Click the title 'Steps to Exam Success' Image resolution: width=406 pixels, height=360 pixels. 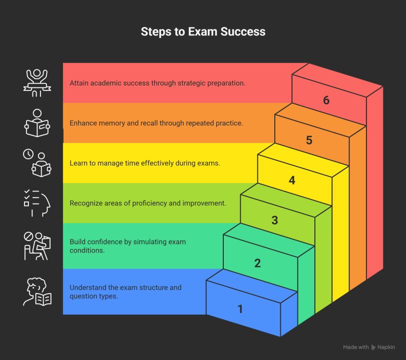click(x=203, y=32)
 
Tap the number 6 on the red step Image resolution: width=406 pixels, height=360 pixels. click(x=326, y=100)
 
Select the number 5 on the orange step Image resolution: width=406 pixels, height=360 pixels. click(x=309, y=140)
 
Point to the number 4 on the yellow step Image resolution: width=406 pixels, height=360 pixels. click(x=292, y=180)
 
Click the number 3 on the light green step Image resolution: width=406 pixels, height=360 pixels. click(x=274, y=220)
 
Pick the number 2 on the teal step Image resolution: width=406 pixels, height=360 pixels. click(x=257, y=263)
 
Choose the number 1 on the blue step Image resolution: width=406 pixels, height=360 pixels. click(x=240, y=309)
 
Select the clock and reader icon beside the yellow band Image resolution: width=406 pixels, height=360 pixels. click(x=37, y=163)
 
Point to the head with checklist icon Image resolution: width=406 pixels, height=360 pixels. click(x=37, y=203)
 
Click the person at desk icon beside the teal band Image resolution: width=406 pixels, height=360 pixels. click(x=37, y=245)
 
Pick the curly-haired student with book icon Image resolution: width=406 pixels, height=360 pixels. click(x=37, y=291)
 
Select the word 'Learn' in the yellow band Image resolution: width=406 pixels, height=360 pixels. click(x=79, y=163)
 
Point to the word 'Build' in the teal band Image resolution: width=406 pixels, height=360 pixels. click(x=78, y=242)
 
